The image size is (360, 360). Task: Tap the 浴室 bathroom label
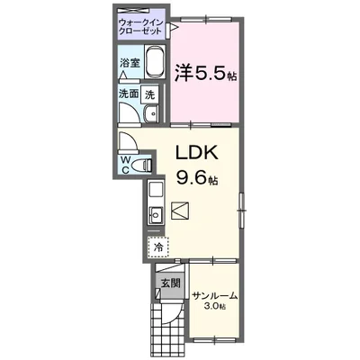tap(130, 63)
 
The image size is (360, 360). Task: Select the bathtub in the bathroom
tap(154, 62)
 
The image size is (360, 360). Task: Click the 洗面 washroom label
tap(128, 93)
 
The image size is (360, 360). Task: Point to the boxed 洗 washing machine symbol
tap(151, 93)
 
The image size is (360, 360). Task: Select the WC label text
tap(126, 166)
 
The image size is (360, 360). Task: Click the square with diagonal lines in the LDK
tap(179, 212)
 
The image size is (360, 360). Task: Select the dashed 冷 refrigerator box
tap(157, 246)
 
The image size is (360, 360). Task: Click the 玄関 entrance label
tap(169, 283)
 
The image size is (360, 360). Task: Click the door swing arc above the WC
tap(128, 141)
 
